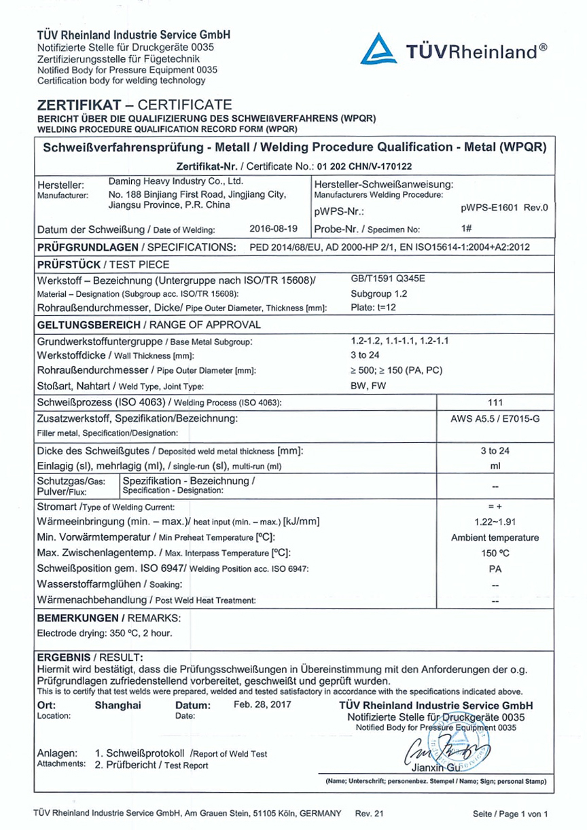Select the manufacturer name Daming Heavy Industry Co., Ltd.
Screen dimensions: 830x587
pyautogui.click(x=176, y=182)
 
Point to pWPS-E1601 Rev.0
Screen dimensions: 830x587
pyautogui.click(x=504, y=208)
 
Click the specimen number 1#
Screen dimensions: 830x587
pyautogui.click(x=466, y=229)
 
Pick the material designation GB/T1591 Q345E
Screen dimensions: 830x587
pyautogui.click(x=388, y=279)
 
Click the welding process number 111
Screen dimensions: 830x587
pyautogui.click(x=495, y=402)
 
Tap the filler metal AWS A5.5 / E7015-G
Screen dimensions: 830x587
pyautogui.click(x=495, y=419)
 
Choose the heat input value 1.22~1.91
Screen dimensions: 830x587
pyautogui.click(x=495, y=522)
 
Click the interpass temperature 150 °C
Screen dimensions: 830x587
pyautogui.click(x=495, y=553)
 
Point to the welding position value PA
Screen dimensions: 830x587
pyautogui.click(x=495, y=569)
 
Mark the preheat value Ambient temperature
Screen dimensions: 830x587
pyautogui.click(x=495, y=537)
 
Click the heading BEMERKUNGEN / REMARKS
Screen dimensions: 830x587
pyautogui.click(x=109, y=618)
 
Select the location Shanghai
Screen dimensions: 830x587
pyautogui.click(x=118, y=705)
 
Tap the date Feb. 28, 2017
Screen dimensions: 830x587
pyautogui.click(x=262, y=704)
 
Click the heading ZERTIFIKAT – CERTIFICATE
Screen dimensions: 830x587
pyautogui.click(x=135, y=105)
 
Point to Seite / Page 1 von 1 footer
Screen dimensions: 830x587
pyautogui.click(x=510, y=814)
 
